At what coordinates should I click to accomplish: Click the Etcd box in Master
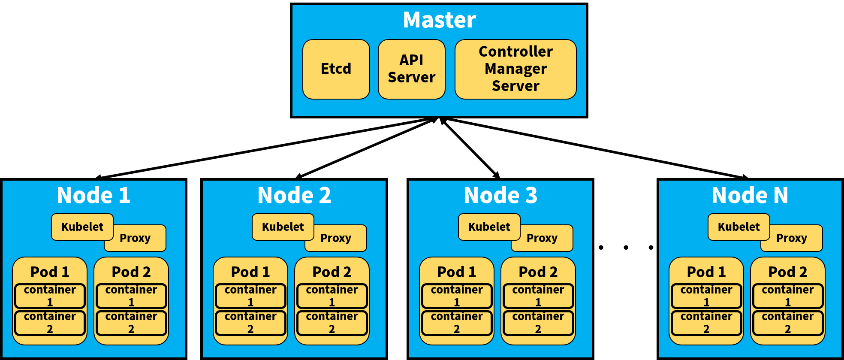click(336, 69)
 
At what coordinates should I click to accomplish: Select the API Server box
click(411, 69)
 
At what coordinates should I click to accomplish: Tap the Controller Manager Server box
click(515, 69)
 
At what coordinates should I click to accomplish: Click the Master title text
click(439, 20)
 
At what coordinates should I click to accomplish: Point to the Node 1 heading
click(93, 196)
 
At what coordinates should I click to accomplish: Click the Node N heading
click(750, 196)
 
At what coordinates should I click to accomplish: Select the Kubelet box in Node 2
click(283, 227)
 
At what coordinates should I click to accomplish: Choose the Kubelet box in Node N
click(738, 227)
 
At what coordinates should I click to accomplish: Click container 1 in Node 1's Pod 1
click(50, 296)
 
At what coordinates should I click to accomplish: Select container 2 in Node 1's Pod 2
click(131, 323)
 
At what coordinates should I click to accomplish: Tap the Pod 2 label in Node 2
click(332, 272)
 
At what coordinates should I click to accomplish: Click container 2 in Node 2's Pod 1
click(250, 323)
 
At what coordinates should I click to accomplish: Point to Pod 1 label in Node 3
click(456, 272)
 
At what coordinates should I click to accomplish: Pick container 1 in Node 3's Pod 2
click(538, 296)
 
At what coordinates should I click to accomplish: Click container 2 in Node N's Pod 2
click(787, 323)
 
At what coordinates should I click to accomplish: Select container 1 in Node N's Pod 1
click(706, 296)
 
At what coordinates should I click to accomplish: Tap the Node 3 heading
click(500, 196)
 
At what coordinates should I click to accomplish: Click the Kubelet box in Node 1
click(82, 227)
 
